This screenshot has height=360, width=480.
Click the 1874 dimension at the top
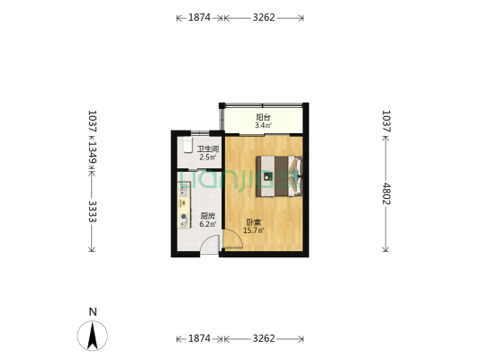[199, 17]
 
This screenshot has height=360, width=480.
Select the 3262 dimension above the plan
[263, 17]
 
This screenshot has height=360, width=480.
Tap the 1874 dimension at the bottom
[199, 338]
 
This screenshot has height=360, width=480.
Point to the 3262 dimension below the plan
[263, 338]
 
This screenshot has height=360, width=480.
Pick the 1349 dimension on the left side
[92, 154]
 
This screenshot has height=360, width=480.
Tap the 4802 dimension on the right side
[386, 193]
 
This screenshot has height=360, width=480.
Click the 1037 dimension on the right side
[386, 121]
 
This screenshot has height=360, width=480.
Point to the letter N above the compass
[93, 311]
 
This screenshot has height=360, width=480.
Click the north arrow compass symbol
[93, 336]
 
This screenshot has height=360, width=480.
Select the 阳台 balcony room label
[263, 117]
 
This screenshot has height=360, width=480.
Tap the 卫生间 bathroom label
[208, 149]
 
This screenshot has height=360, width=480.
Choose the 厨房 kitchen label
[207, 216]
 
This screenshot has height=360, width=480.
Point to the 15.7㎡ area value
[254, 231]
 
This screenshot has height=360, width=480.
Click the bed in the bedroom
[280, 174]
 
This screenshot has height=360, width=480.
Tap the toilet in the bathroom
[184, 147]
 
